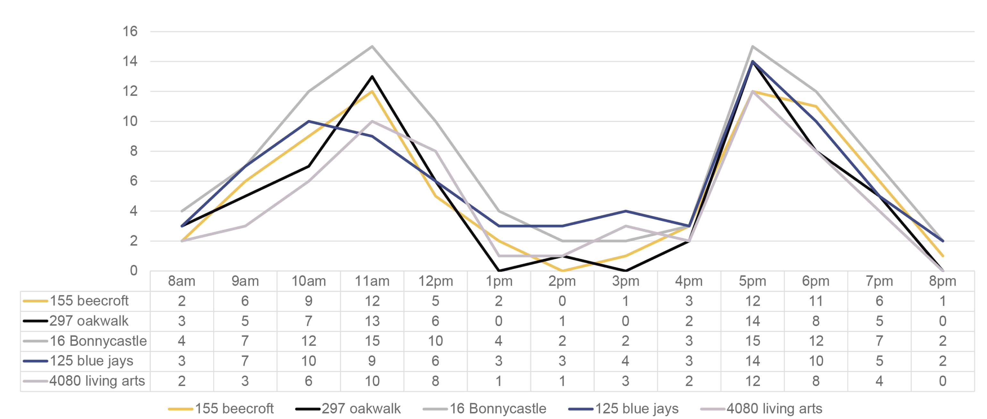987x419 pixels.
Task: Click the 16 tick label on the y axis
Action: coord(130,31)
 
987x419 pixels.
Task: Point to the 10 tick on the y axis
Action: coord(130,121)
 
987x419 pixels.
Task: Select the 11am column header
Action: coord(372,281)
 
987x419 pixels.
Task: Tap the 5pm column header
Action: coord(753,281)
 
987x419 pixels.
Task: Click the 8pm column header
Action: coord(942,281)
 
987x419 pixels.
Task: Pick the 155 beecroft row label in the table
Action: coord(89,301)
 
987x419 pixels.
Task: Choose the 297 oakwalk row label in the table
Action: coord(89,321)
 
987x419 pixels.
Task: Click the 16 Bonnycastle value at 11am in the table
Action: coord(372,341)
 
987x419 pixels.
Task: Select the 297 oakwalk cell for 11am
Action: coord(372,321)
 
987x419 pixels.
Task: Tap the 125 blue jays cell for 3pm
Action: coord(625,361)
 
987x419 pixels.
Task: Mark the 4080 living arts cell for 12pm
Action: coord(435,381)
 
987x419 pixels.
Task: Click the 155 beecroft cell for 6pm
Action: coord(816,301)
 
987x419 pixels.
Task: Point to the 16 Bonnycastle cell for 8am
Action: coord(181,341)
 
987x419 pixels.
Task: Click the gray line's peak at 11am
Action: coord(372,47)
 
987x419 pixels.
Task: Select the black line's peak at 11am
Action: coord(372,76)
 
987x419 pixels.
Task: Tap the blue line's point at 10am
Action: coord(309,121)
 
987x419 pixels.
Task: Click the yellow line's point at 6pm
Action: coord(816,106)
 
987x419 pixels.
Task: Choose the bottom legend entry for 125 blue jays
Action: coord(623,409)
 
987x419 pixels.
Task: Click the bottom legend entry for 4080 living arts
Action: coord(761,409)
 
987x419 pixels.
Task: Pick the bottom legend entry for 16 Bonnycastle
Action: coord(484,409)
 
